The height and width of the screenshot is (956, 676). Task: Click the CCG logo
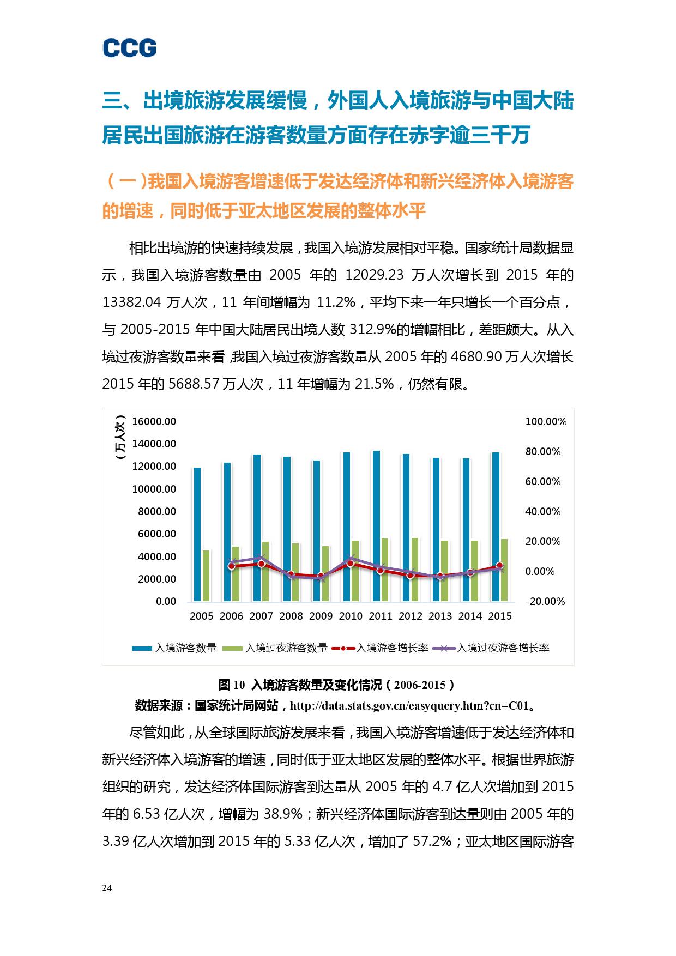pos(130,48)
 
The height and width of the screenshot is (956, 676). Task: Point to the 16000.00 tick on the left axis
pos(154,421)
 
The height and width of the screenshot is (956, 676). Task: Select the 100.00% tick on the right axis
pos(545,421)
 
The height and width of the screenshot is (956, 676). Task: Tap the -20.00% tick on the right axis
pos(545,601)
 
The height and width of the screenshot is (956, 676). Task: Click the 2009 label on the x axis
pos(321,616)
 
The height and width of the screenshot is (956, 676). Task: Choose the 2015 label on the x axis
pos(499,616)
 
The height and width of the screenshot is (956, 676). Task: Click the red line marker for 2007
pos(261,564)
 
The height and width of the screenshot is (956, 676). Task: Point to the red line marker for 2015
pos(499,566)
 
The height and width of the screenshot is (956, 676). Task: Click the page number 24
pos(107,888)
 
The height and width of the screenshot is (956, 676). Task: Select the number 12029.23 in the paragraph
pos(375,275)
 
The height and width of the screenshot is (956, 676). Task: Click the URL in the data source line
pos(409,706)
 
